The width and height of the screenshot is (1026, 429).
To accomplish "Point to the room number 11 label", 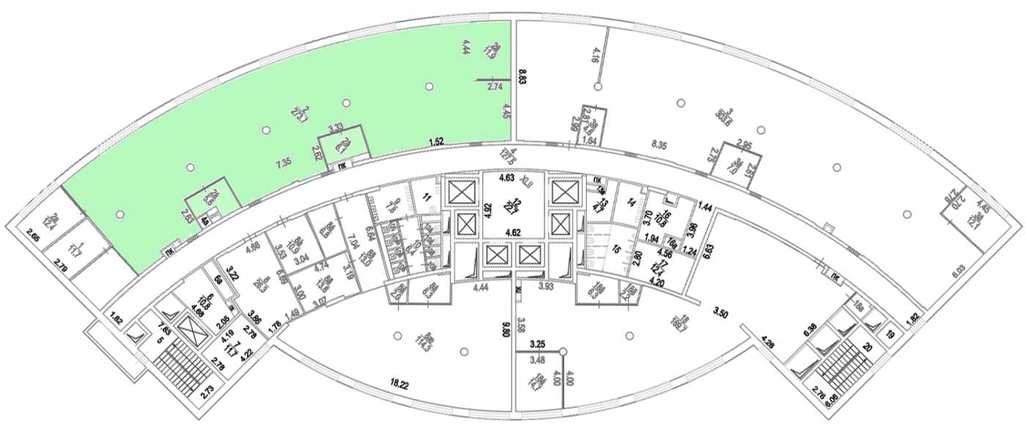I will (425, 196).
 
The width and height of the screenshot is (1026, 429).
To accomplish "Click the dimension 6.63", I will (707, 252).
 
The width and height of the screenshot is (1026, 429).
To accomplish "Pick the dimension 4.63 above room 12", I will (506, 177).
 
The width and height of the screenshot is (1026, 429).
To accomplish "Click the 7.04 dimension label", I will (353, 241).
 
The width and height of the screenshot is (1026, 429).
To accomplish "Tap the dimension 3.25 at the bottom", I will (537, 343).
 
